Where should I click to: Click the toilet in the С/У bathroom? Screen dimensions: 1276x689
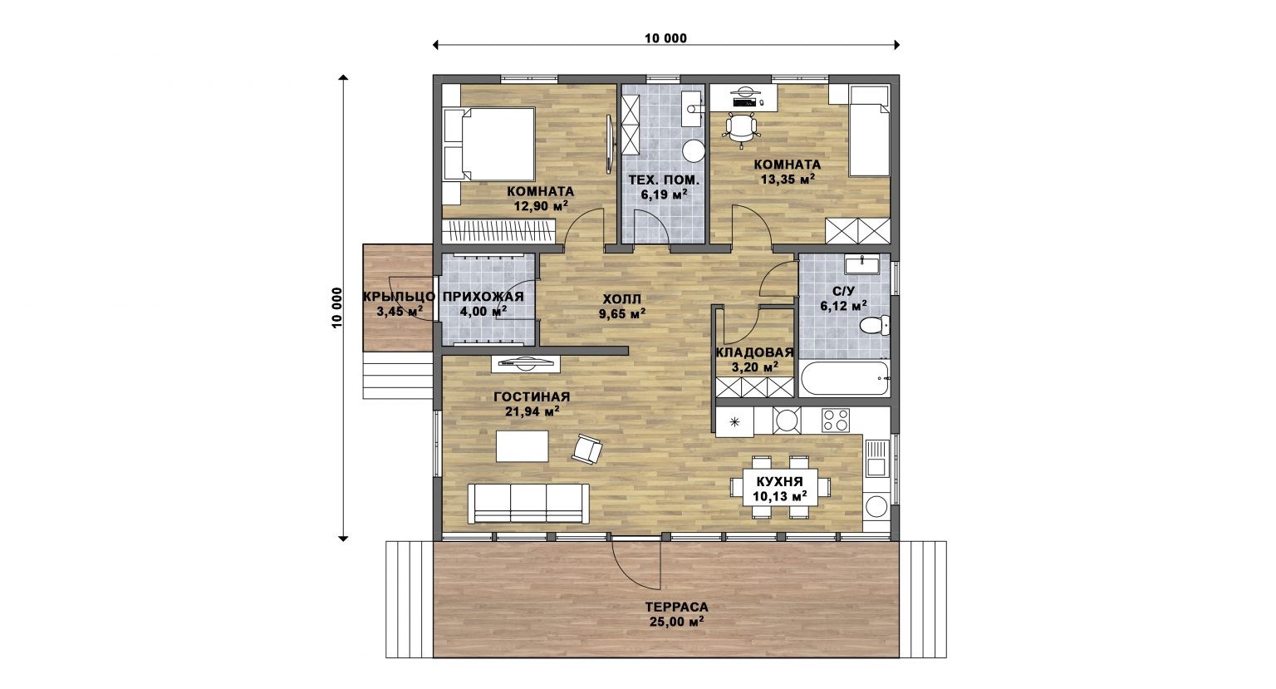pos(873,326)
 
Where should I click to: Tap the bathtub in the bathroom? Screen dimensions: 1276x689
pos(844,378)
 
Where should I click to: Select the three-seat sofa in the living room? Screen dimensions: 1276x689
pos(528,503)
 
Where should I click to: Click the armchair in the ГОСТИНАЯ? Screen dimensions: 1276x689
pos(587,449)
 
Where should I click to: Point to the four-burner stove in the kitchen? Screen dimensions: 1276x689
pos(836,421)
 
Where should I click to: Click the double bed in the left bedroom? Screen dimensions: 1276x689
pos(488,144)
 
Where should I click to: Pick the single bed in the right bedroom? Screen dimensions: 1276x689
pos(869,131)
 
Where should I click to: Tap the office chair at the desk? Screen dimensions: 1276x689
pos(741,130)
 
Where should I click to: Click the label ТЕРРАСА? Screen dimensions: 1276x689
pos(677,608)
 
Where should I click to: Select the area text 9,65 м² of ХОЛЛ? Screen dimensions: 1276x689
pos(622,313)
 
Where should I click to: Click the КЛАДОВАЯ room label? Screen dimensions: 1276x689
pos(755,352)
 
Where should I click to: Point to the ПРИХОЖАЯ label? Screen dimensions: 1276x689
pos(483,297)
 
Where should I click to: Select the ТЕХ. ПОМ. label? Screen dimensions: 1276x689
pos(664,180)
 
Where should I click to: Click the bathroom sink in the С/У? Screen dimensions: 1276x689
pos(862,265)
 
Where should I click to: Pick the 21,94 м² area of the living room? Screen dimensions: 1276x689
pos(532,411)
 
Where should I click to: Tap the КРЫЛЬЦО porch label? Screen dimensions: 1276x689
pos(400,297)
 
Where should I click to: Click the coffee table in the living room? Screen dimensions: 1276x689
pos(522,446)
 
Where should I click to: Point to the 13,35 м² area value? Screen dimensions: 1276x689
pos(788,180)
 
